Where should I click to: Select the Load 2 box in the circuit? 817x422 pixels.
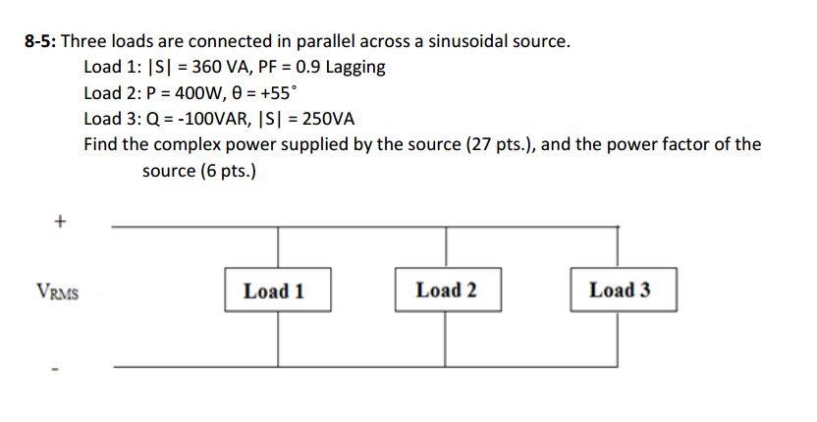coord(446,290)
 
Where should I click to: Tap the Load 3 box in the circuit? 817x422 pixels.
coord(619,290)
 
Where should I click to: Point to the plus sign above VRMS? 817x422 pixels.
coord(60,223)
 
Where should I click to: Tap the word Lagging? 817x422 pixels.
coord(354,68)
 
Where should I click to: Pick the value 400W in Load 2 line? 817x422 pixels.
coord(190,93)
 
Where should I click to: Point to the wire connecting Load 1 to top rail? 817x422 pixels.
coord(278,248)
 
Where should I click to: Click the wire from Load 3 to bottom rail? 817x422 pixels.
coord(619,340)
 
